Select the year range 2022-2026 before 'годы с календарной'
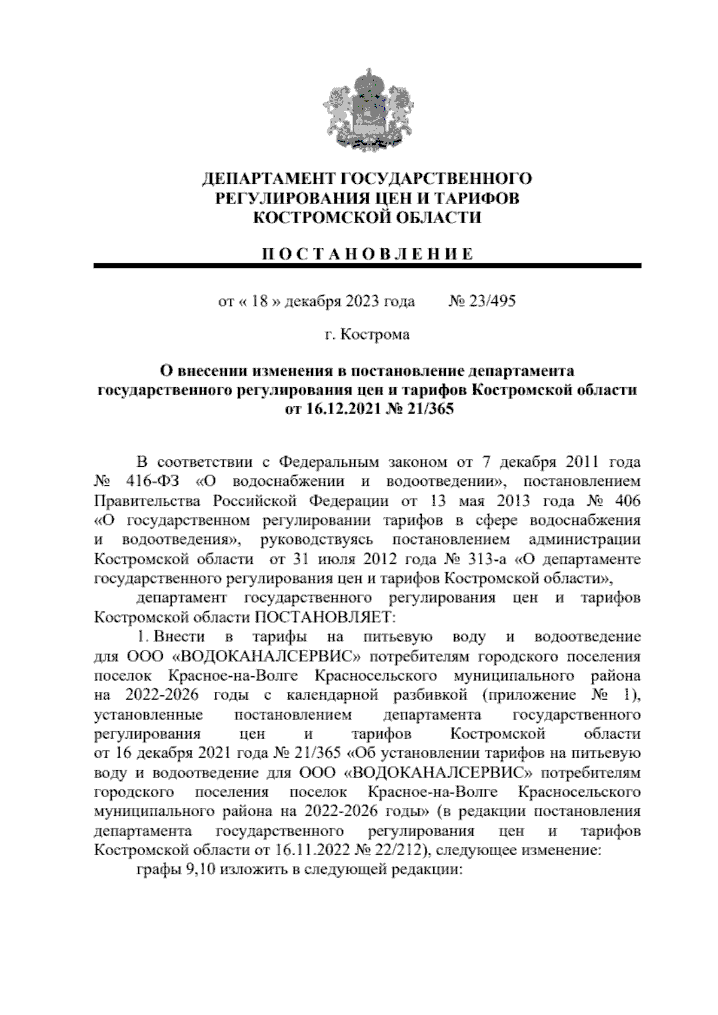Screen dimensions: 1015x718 tap(157, 695)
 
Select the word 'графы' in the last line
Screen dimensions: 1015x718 tap(157, 870)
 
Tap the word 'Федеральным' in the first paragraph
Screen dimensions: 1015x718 tap(329, 462)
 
